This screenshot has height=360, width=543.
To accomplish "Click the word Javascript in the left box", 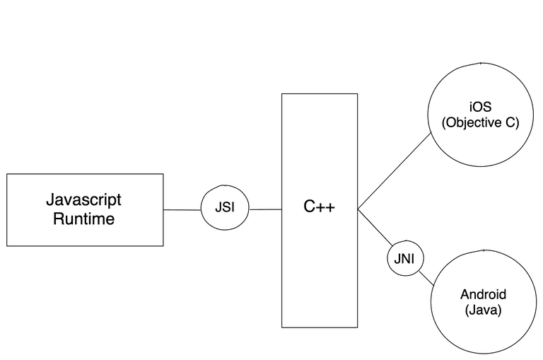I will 84,199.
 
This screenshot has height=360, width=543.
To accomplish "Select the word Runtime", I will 84,219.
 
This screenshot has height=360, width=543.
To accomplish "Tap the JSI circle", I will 226,209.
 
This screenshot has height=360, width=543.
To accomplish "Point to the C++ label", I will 319,207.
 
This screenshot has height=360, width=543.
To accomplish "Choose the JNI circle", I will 405,260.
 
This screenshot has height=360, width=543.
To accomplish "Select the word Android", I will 484,295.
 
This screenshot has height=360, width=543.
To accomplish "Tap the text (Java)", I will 484,310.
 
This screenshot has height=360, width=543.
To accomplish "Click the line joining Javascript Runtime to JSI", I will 182,209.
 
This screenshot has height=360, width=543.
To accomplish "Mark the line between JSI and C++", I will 266,209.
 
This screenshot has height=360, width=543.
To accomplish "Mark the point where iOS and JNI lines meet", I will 358,209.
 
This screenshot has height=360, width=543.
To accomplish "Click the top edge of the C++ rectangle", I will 319,94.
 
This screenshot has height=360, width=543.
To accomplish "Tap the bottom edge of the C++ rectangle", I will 319,327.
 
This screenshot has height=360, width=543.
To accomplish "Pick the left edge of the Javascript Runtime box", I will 7,209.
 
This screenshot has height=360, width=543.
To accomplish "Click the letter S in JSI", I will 225,209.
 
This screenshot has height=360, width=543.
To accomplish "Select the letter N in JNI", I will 405,260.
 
